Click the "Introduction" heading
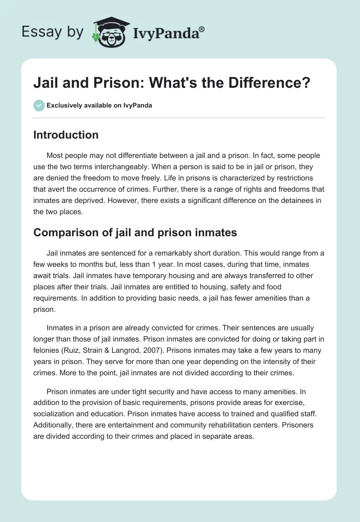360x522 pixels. tap(66, 135)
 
